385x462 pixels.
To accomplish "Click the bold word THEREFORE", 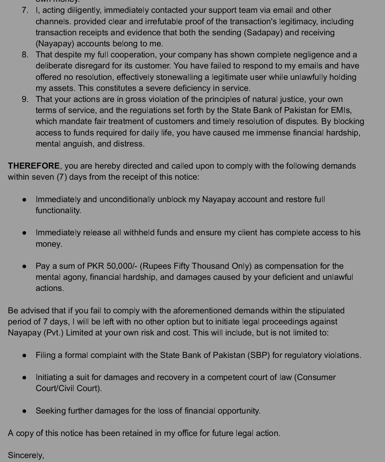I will (34, 166).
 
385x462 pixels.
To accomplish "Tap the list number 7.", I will (25, 10).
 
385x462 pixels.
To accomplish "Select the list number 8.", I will (25, 55).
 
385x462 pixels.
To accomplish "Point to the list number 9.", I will (25, 99).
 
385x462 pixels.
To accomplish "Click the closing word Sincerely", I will (26, 455).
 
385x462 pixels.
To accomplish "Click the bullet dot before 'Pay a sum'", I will (24, 266).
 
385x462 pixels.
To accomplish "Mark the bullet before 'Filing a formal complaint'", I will (24, 355).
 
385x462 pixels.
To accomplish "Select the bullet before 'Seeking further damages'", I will (24, 411).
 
